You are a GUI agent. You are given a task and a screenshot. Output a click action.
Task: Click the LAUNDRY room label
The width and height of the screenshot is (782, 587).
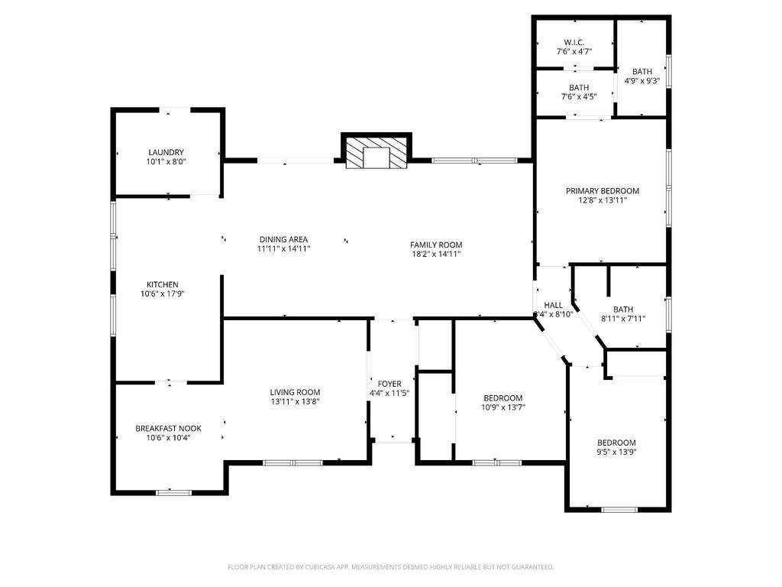(x=166, y=152)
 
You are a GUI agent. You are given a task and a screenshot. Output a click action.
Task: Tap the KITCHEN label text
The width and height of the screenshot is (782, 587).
(x=163, y=284)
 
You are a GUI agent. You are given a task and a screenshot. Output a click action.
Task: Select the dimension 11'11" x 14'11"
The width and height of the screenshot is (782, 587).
(x=284, y=248)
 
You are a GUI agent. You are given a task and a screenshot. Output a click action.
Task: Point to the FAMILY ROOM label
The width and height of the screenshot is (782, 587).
(x=436, y=245)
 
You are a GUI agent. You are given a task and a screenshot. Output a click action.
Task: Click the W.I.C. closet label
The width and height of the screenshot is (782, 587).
(x=574, y=43)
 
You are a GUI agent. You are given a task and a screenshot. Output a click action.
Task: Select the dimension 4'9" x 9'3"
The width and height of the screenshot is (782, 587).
(x=642, y=81)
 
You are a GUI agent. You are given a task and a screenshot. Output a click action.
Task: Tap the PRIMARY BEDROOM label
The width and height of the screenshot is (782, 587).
(x=603, y=190)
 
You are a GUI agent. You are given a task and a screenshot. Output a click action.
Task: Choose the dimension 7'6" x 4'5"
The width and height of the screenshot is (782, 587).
(x=579, y=97)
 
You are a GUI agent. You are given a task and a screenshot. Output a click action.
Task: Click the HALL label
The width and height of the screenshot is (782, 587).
(x=553, y=305)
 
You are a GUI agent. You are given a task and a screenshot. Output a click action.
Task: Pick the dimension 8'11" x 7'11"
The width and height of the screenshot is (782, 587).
(x=623, y=319)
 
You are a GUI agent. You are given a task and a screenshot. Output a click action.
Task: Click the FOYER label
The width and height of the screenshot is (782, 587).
(x=389, y=384)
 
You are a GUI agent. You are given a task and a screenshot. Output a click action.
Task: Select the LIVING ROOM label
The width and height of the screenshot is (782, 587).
(x=296, y=392)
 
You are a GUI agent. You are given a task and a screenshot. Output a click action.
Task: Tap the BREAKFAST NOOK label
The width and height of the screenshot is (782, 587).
(x=169, y=428)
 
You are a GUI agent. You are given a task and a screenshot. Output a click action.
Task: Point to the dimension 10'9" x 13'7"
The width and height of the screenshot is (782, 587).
(x=503, y=407)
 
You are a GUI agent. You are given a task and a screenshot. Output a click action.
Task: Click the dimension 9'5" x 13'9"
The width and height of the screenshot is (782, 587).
(x=617, y=452)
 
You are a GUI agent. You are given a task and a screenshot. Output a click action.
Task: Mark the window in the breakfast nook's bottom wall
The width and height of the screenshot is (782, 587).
(x=173, y=493)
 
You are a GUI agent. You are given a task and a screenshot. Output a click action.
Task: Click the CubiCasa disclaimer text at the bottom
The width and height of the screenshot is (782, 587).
(x=391, y=567)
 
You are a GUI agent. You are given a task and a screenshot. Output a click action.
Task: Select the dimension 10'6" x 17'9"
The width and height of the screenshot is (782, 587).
(x=163, y=294)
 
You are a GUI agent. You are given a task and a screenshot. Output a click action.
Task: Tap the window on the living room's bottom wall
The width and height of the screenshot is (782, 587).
(x=292, y=463)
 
